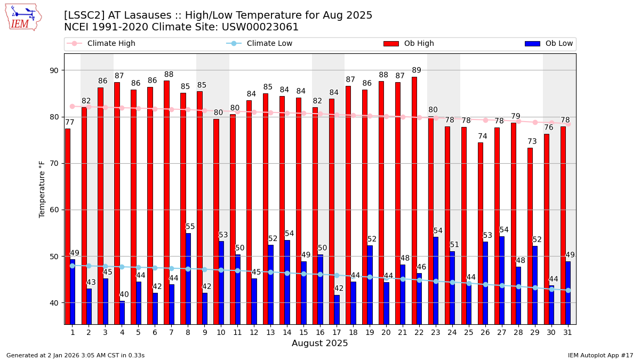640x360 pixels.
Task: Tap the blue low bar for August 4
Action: (122, 313)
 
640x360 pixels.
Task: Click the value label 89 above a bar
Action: (417, 70)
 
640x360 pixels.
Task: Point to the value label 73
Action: (532, 141)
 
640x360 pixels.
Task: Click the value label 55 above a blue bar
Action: (190, 227)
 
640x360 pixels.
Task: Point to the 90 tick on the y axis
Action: (54, 70)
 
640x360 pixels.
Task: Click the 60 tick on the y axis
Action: (54, 210)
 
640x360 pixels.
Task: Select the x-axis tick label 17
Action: (337, 332)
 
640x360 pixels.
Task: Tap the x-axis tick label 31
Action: (568, 332)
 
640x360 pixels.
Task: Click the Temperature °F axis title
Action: (42, 189)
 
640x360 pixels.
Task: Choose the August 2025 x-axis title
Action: (319, 343)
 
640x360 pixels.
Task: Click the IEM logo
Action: (23, 17)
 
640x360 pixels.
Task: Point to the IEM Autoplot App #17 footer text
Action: (600, 355)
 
